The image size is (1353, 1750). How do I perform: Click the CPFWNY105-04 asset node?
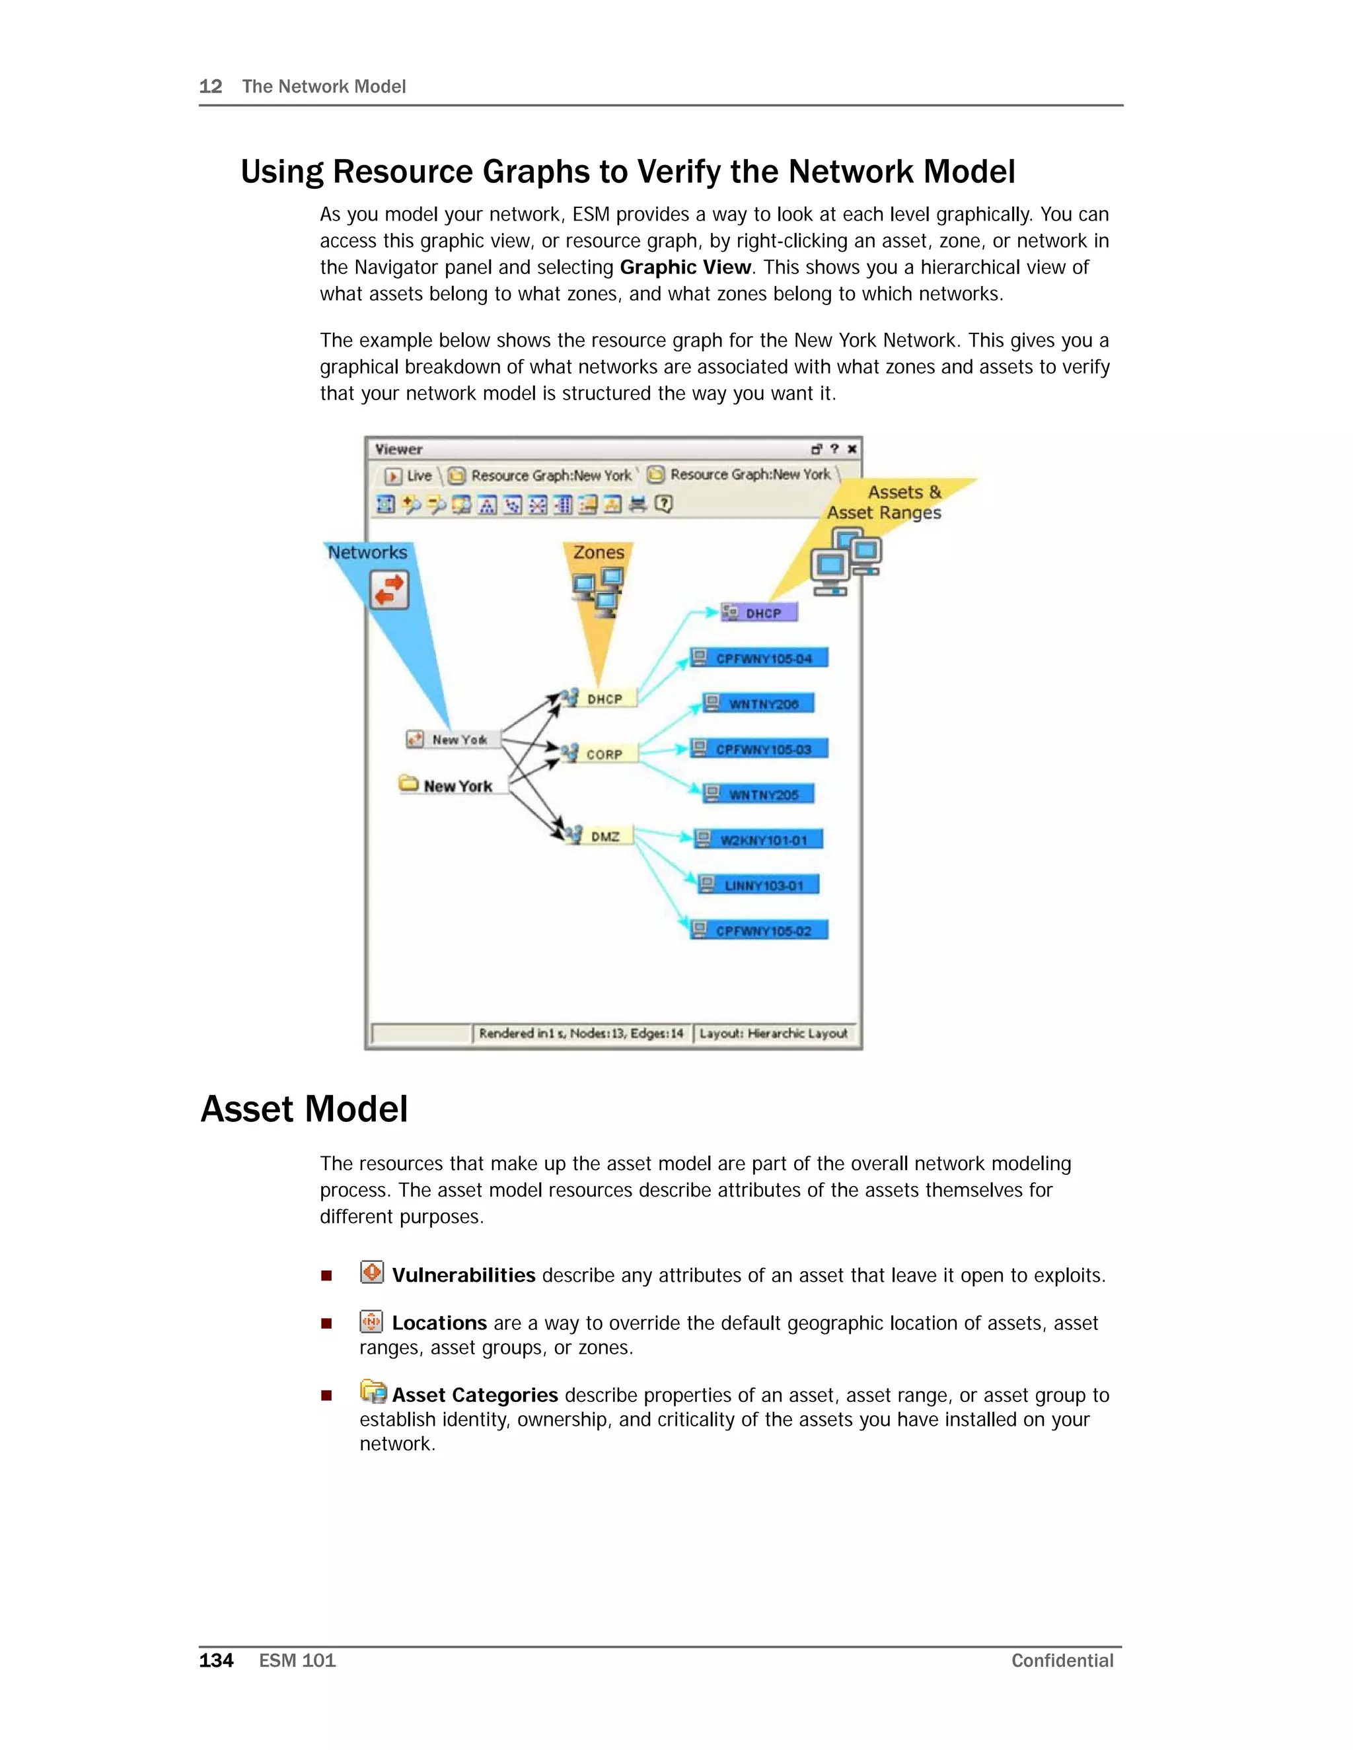(759, 658)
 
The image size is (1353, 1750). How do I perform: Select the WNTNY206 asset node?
(758, 703)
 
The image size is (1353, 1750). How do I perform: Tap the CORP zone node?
(602, 754)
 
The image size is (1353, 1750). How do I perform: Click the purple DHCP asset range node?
(759, 613)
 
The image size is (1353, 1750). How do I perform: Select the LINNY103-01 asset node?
(759, 886)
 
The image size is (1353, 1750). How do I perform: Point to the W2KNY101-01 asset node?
(759, 840)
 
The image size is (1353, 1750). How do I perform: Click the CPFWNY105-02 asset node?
(759, 930)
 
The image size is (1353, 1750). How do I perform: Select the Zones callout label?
(598, 552)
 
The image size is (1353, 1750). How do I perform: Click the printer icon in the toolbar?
(638, 504)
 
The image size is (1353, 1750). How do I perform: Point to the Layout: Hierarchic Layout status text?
(773, 1033)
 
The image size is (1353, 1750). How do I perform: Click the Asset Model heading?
(305, 1110)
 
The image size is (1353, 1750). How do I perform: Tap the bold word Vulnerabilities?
(463, 1276)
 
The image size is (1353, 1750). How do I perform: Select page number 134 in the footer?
(215, 1660)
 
